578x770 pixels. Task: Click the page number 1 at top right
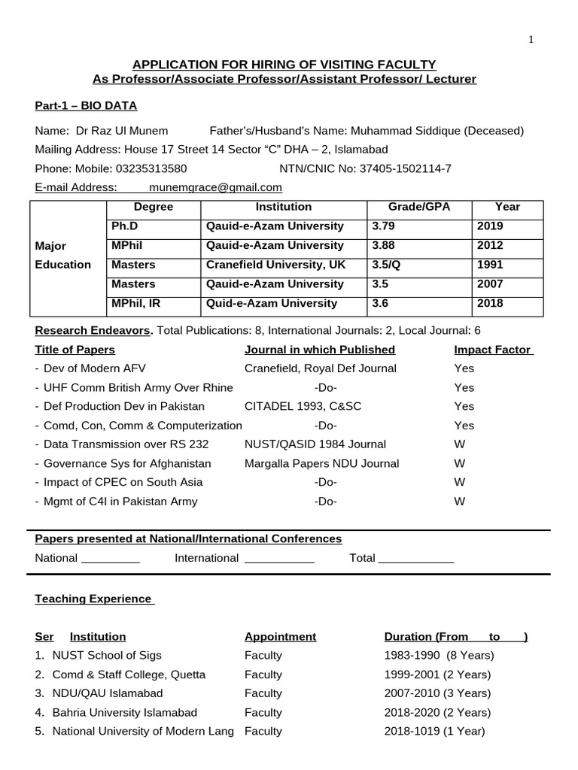click(531, 40)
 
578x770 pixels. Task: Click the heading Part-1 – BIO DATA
click(86, 106)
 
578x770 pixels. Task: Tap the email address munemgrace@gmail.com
click(215, 187)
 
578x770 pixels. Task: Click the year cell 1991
click(490, 265)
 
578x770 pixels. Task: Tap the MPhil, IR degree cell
click(135, 303)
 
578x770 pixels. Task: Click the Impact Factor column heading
click(493, 350)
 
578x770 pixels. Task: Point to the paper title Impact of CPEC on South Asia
click(123, 482)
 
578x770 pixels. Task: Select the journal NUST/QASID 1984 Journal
click(315, 444)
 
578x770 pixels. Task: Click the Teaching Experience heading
click(94, 599)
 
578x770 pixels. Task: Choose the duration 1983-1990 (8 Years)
click(439, 656)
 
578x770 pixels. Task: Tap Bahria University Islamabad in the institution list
click(124, 712)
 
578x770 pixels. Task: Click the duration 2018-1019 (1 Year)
click(434, 731)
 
